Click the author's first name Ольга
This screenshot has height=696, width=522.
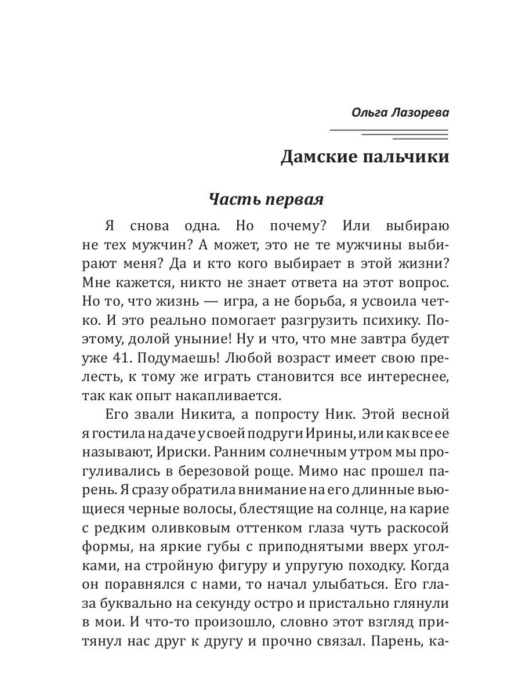(x=371, y=113)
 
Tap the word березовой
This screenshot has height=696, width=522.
(x=225, y=472)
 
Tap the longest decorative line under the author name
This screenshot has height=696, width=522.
(x=389, y=129)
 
